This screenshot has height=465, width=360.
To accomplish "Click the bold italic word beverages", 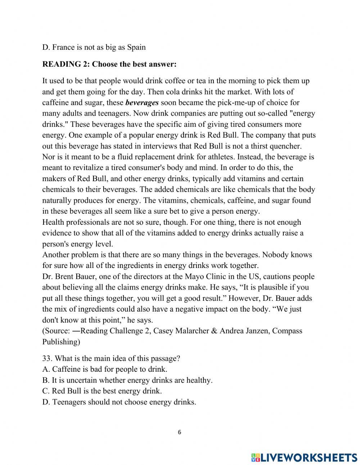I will click(142, 103).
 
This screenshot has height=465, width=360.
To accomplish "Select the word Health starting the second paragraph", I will click(53, 222).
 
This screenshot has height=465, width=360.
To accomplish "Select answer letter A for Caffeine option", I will click(45, 370).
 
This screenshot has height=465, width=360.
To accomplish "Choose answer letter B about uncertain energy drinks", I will click(45, 380).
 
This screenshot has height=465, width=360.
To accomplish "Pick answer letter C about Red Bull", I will click(45, 391).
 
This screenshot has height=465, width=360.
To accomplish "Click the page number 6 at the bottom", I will click(180, 433).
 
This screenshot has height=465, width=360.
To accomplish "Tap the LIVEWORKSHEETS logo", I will click(304, 457).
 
